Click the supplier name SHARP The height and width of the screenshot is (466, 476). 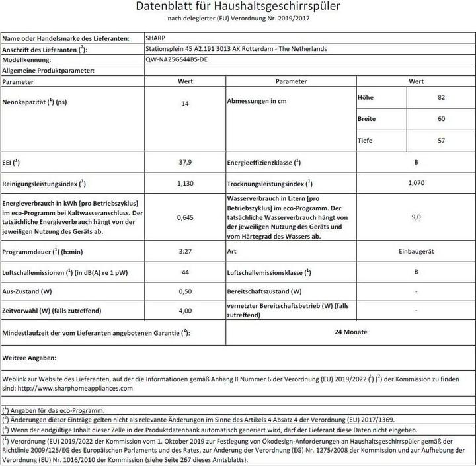(x=155, y=39)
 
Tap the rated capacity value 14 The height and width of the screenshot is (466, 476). (x=186, y=104)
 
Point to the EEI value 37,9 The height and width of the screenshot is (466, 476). (x=186, y=161)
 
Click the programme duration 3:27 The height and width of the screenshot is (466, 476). (x=186, y=252)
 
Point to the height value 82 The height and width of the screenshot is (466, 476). (x=441, y=97)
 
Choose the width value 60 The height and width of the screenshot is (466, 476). (x=441, y=118)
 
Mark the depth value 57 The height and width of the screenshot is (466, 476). (x=441, y=140)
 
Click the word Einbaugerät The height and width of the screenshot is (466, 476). (x=416, y=252)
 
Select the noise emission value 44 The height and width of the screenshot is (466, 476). (x=186, y=272)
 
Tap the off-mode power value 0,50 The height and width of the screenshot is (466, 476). (x=186, y=291)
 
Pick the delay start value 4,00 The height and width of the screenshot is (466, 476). (x=186, y=309)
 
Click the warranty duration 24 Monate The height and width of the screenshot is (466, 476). (x=351, y=332)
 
